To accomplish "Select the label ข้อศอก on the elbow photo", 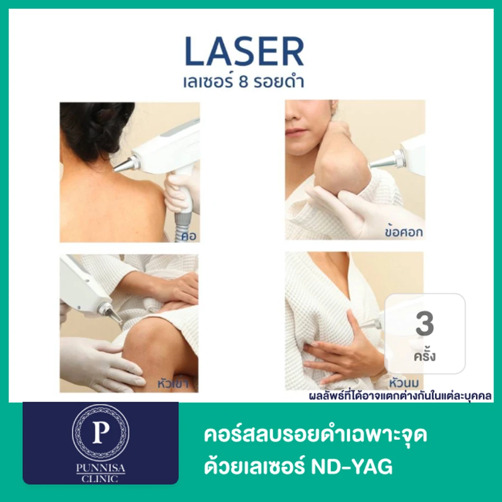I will click(x=404, y=232).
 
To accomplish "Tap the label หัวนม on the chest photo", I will click(x=404, y=383).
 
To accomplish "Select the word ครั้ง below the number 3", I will click(x=425, y=356).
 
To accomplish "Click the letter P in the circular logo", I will click(x=100, y=432).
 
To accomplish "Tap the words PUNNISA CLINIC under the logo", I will click(x=100, y=473).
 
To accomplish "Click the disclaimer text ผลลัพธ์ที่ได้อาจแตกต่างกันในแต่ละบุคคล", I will click(x=400, y=396).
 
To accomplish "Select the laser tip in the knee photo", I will click(x=110, y=314).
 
